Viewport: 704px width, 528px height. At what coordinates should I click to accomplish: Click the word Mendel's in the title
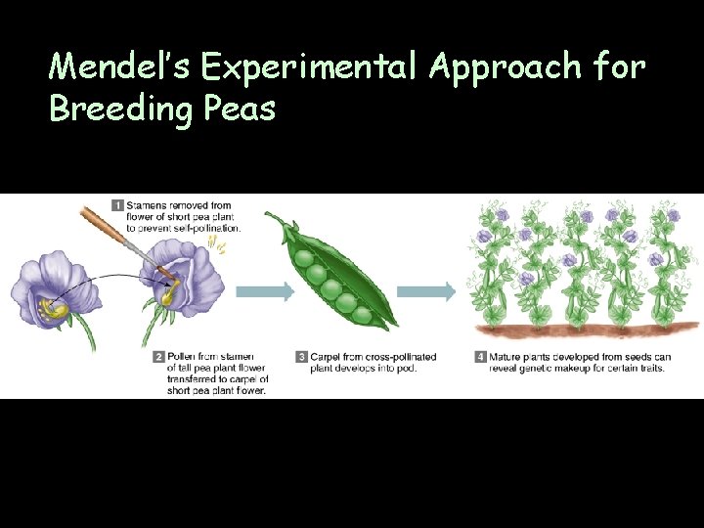121,66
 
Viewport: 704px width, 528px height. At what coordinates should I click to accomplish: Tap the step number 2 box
157,357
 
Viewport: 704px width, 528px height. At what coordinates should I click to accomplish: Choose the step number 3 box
302,357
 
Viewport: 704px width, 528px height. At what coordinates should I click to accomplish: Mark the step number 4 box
480,357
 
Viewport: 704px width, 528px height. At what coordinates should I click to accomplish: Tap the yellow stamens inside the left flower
54,310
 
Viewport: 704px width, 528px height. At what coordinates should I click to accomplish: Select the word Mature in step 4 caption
506,357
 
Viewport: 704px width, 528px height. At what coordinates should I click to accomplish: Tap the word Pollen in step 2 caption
182,357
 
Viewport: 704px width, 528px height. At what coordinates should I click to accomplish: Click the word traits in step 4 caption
647,368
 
